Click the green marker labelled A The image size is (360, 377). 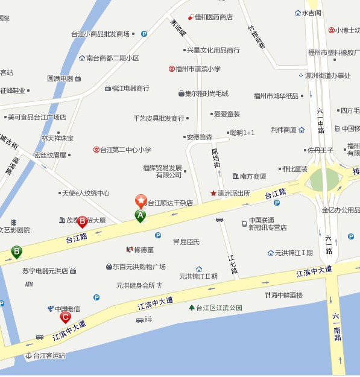[x=141, y=215]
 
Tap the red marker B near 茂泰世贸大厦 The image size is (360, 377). [x=82, y=222]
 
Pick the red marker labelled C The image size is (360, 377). [x=65, y=317]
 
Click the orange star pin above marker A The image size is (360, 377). [x=141, y=200]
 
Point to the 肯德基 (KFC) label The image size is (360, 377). [x=144, y=250]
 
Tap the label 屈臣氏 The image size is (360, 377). [x=189, y=242]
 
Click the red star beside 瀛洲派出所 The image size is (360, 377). [x=213, y=194]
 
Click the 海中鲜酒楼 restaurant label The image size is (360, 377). [x=287, y=295]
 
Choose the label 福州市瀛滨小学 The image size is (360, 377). [x=198, y=69]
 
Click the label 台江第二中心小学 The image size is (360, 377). [x=125, y=150]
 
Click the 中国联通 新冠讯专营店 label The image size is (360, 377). [x=267, y=224]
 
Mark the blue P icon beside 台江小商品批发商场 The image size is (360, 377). [x=144, y=34]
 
